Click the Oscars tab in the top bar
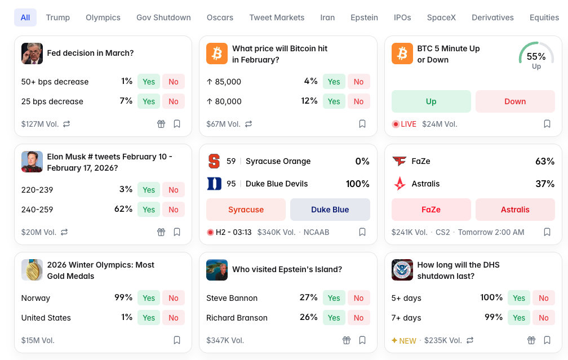click(x=220, y=17)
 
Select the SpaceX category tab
click(x=441, y=17)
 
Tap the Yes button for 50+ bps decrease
click(x=149, y=82)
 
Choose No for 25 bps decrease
click(x=174, y=101)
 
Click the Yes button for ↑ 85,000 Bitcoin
click(x=334, y=82)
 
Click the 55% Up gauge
click(x=536, y=56)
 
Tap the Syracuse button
click(x=246, y=210)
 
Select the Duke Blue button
click(x=330, y=210)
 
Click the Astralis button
click(x=515, y=210)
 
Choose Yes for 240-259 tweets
click(x=149, y=210)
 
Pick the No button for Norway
click(x=174, y=298)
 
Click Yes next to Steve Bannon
click(x=334, y=298)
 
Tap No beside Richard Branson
click(x=359, y=318)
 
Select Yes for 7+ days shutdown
click(x=519, y=318)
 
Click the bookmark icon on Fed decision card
click(x=177, y=124)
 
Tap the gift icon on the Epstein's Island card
click(x=347, y=340)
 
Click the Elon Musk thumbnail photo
click(x=32, y=162)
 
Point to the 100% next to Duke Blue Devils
click(x=357, y=184)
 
